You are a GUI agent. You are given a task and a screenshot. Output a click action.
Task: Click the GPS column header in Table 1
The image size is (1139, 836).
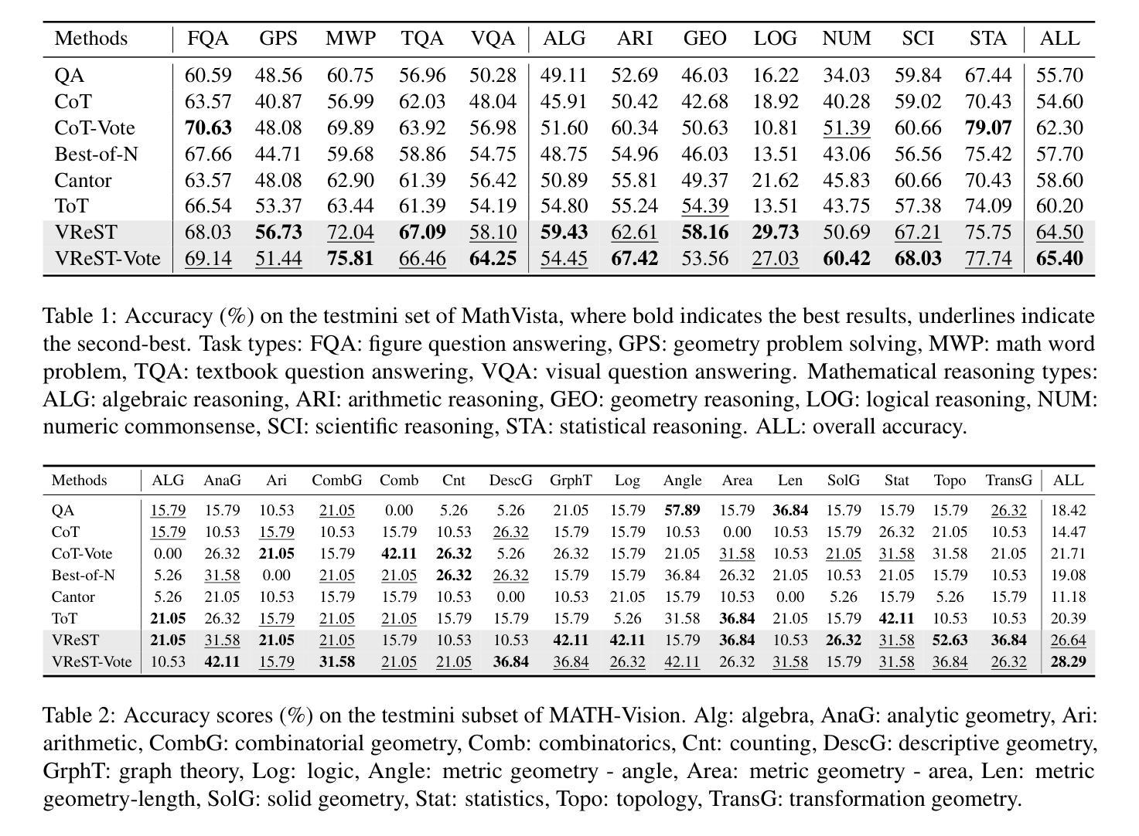point(278,39)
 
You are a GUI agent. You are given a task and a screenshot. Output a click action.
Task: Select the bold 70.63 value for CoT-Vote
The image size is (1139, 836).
point(208,127)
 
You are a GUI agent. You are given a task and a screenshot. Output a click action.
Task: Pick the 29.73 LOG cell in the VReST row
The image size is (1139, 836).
point(776,233)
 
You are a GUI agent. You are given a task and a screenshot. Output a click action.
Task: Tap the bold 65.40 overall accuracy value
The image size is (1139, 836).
point(1059,259)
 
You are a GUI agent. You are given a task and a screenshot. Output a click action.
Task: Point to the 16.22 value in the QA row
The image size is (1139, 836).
point(776,75)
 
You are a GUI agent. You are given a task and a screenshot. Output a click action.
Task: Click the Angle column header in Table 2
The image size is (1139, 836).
point(682,481)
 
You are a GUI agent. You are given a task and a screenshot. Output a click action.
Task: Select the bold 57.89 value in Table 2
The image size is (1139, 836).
point(682,510)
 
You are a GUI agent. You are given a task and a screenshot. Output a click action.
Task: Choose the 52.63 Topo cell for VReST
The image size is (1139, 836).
point(950,640)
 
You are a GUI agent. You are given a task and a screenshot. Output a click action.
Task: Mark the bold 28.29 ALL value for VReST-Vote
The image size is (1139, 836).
point(1068,661)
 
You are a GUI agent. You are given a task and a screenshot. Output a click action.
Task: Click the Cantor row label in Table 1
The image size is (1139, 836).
point(83,181)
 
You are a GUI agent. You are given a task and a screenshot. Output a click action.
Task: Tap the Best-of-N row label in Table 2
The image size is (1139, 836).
point(84,575)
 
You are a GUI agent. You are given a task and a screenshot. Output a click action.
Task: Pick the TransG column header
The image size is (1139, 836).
point(1009,481)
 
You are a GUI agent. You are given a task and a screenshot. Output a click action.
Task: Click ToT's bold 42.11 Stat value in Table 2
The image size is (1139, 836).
point(896,618)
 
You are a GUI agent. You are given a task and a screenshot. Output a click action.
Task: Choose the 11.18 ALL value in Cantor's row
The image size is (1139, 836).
point(1068,596)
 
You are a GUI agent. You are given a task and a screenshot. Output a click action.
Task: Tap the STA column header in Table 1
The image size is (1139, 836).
point(988,39)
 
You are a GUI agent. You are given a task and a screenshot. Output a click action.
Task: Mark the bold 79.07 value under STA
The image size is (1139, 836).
point(988,127)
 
